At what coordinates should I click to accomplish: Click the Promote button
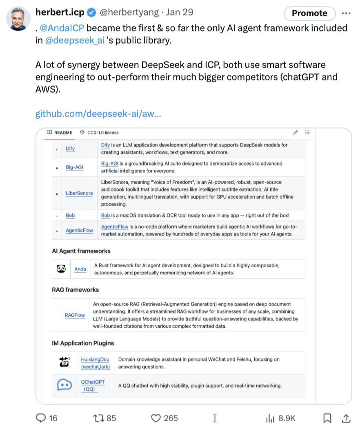coord(309,13)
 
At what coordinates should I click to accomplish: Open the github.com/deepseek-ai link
coord(98,113)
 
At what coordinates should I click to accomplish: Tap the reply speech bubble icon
coord(42,418)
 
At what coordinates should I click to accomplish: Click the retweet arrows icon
coord(99,418)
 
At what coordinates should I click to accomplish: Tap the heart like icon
coord(156,418)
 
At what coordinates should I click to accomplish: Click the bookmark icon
coord(327,418)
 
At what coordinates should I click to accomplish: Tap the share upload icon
coord(345,418)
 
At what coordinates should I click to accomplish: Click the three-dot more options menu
coord(346,13)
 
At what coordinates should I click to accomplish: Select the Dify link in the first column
coord(70,149)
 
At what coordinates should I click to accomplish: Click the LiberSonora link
coord(79,193)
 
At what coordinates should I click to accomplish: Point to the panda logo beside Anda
coord(61,269)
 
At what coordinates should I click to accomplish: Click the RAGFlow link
coord(75,315)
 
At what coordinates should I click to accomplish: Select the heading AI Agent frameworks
coord(81,251)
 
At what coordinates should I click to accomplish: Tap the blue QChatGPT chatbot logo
coord(64,385)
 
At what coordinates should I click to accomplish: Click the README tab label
coord(63,133)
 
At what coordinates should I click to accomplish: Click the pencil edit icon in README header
coord(295,133)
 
